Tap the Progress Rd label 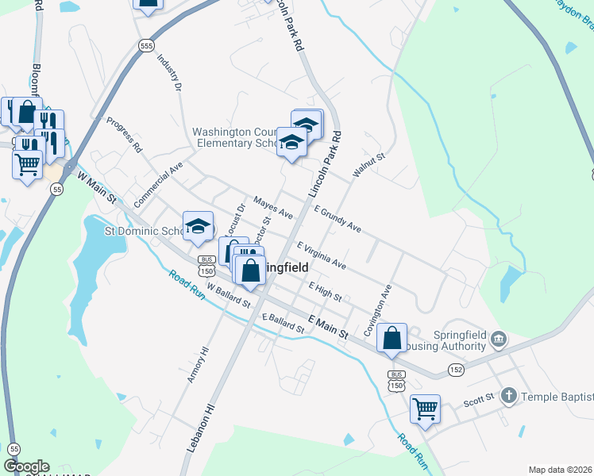pyautogui.click(x=123, y=135)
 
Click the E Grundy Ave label pyautogui.click(x=337, y=220)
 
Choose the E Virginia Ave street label pyautogui.click(x=321, y=255)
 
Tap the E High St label pyautogui.click(x=325, y=292)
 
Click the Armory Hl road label pyautogui.click(x=197, y=365)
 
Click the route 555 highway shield pyautogui.click(x=145, y=46)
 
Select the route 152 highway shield pyautogui.click(x=455, y=369)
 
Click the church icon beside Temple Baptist pyautogui.click(x=509, y=395)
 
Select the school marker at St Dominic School pyautogui.click(x=198, y=225)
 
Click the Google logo pyautogui.click(x=26, y=466)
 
